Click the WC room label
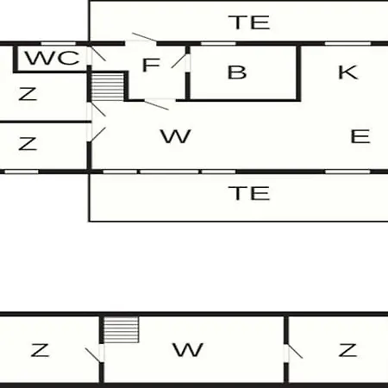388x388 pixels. pyautogui.click(x=53, y=58)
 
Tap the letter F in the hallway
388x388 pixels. pyautogui.click(x=151, y=65)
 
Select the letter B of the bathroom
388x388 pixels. pyautogui.click(x=237, y=72)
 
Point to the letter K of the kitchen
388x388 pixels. pyautogui.click(x=348, y=72)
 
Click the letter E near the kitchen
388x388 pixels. pyautogui.click(x=360, y=136)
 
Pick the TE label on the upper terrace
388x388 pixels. pyautogui.click(x=249, y=22)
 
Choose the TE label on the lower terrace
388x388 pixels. pyautogui.click(x=249, y=193)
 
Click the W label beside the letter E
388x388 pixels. pyautogui.click(x=176, y=136)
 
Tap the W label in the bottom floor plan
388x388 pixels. pyautogui.click(x=188, y=350)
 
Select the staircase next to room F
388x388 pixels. pyautogui.click(x=108, y=86)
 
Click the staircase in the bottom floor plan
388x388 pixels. pyautogui.click(x=121, y=329)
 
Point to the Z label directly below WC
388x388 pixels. pyautogui.click(x=28, y=94)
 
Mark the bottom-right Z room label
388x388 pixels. pyautogui.click(x=347, y=350)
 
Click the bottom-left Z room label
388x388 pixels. pyautogui.click(x=40, y=350)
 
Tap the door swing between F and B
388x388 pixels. pyautogui.click(x=178, y=61)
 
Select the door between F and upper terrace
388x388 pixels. pyautogui.click(x=144, y=37)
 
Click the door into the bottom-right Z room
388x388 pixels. pyautogui.click(x=295, y=351)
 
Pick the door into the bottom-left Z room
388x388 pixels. pyautogui.click(x=93, y=354)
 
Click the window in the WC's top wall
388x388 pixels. pyautogui.click(x=59, y=44)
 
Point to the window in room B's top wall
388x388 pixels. pyautogui.click(x=218, y=44)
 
